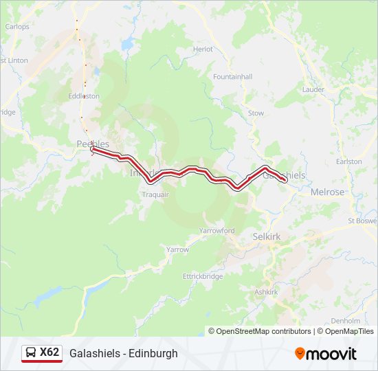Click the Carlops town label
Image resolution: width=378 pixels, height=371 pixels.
point(17,27)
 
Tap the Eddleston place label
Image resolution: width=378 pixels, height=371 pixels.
point(84,96)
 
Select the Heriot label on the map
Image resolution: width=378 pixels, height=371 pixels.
point(203,49)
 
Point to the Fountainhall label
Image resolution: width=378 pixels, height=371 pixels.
point(233,76)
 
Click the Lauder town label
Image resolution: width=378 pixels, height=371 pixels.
point(313,89)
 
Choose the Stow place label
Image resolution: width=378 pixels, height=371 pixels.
point(256,113)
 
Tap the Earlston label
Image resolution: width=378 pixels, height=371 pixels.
point(349,161)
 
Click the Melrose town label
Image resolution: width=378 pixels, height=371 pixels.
point(327,192)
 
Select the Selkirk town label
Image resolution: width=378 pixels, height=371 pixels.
point(266,236)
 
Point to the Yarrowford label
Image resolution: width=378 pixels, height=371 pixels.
point(217,231)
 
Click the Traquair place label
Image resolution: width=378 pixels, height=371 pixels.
point(155,195)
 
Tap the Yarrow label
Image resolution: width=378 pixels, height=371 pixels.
point(177,249)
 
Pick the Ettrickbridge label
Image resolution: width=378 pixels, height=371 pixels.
point(203,276)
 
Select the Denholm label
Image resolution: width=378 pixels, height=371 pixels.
point(345,321)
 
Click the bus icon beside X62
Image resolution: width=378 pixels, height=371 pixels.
point(31,353)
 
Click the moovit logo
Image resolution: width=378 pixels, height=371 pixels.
point(326,354)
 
